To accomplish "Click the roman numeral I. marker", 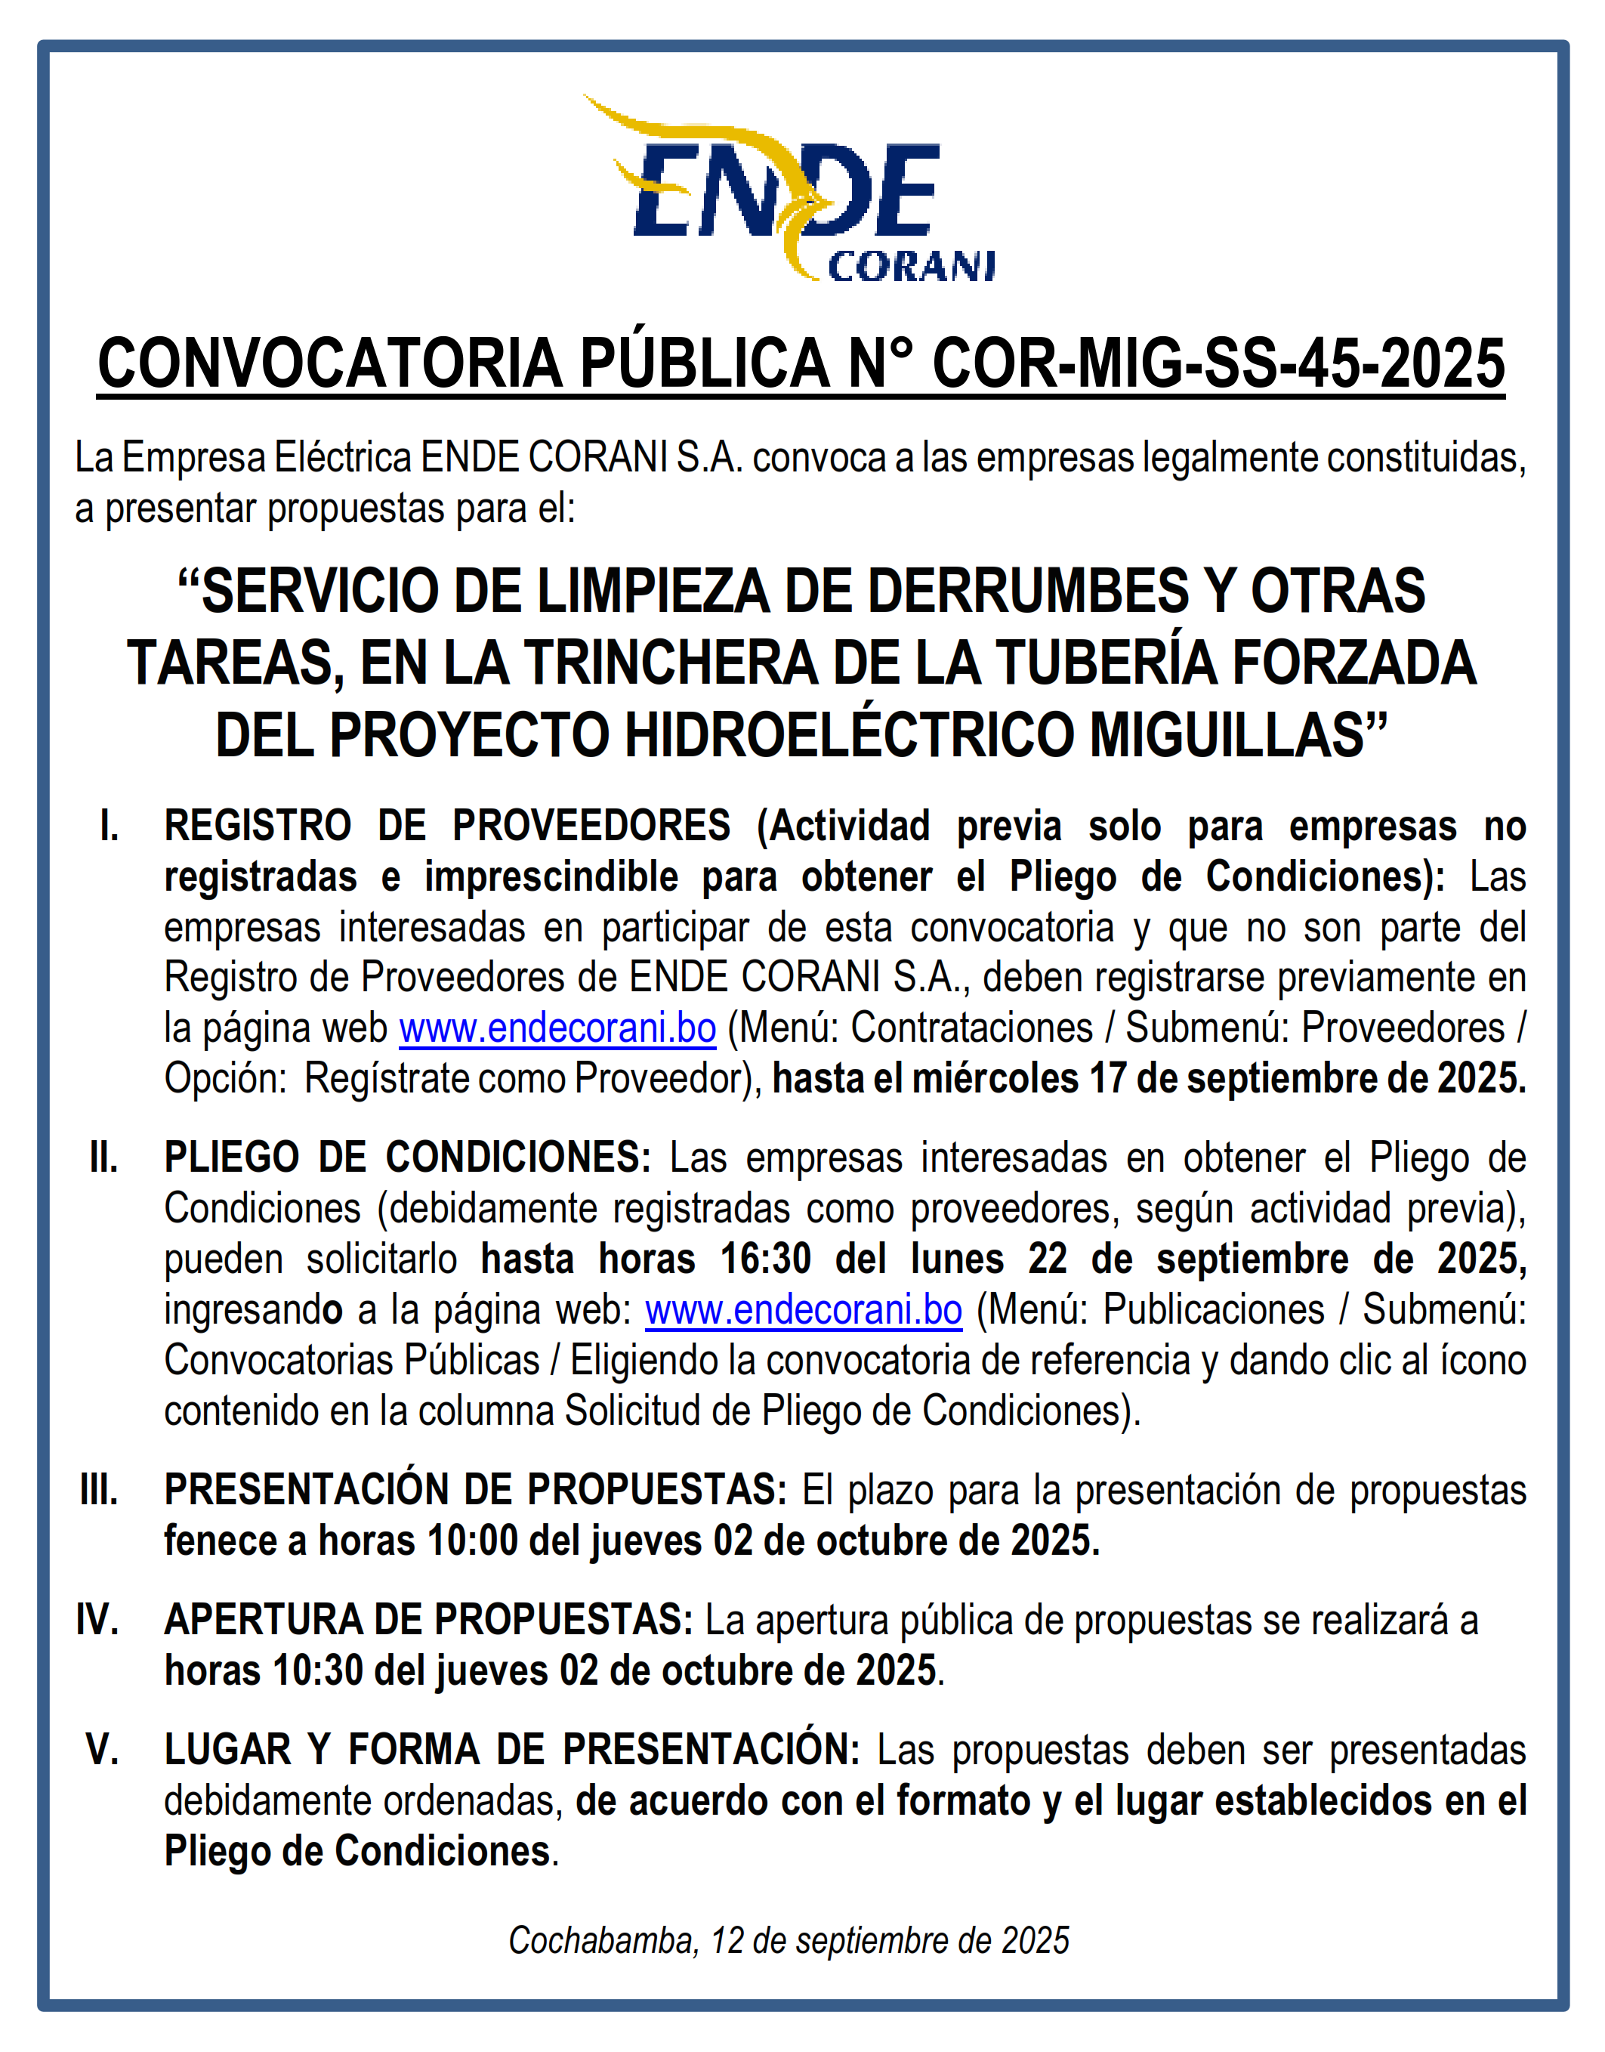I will tap(109, 827).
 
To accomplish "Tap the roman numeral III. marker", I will tap(99, 1491).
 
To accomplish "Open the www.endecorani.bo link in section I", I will tap(557, 1028).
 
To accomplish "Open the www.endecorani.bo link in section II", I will tap(804, 1309).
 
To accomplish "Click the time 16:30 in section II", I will tap(765, 1259).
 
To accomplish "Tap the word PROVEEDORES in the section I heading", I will tap(591, 827).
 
